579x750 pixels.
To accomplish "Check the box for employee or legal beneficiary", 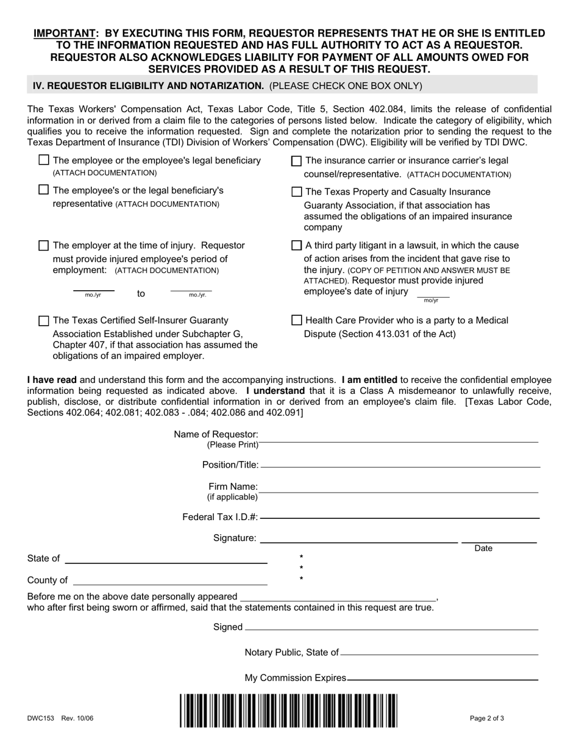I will coord(44,160).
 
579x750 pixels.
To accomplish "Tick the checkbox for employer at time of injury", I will coord(44,245).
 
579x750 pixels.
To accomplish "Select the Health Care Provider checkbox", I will coord(297,320).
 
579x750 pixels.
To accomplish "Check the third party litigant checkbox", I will coord(297,245).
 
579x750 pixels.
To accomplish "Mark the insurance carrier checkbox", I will coord(297,161).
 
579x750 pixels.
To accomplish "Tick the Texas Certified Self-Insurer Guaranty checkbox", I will coord(44,320).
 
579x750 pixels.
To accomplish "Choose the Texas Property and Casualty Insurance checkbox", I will coord(297,191).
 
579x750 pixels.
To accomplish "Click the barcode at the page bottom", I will coord(288,710).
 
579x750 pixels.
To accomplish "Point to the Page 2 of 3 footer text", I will coord(486,718).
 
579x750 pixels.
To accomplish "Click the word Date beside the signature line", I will coord(483,549).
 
